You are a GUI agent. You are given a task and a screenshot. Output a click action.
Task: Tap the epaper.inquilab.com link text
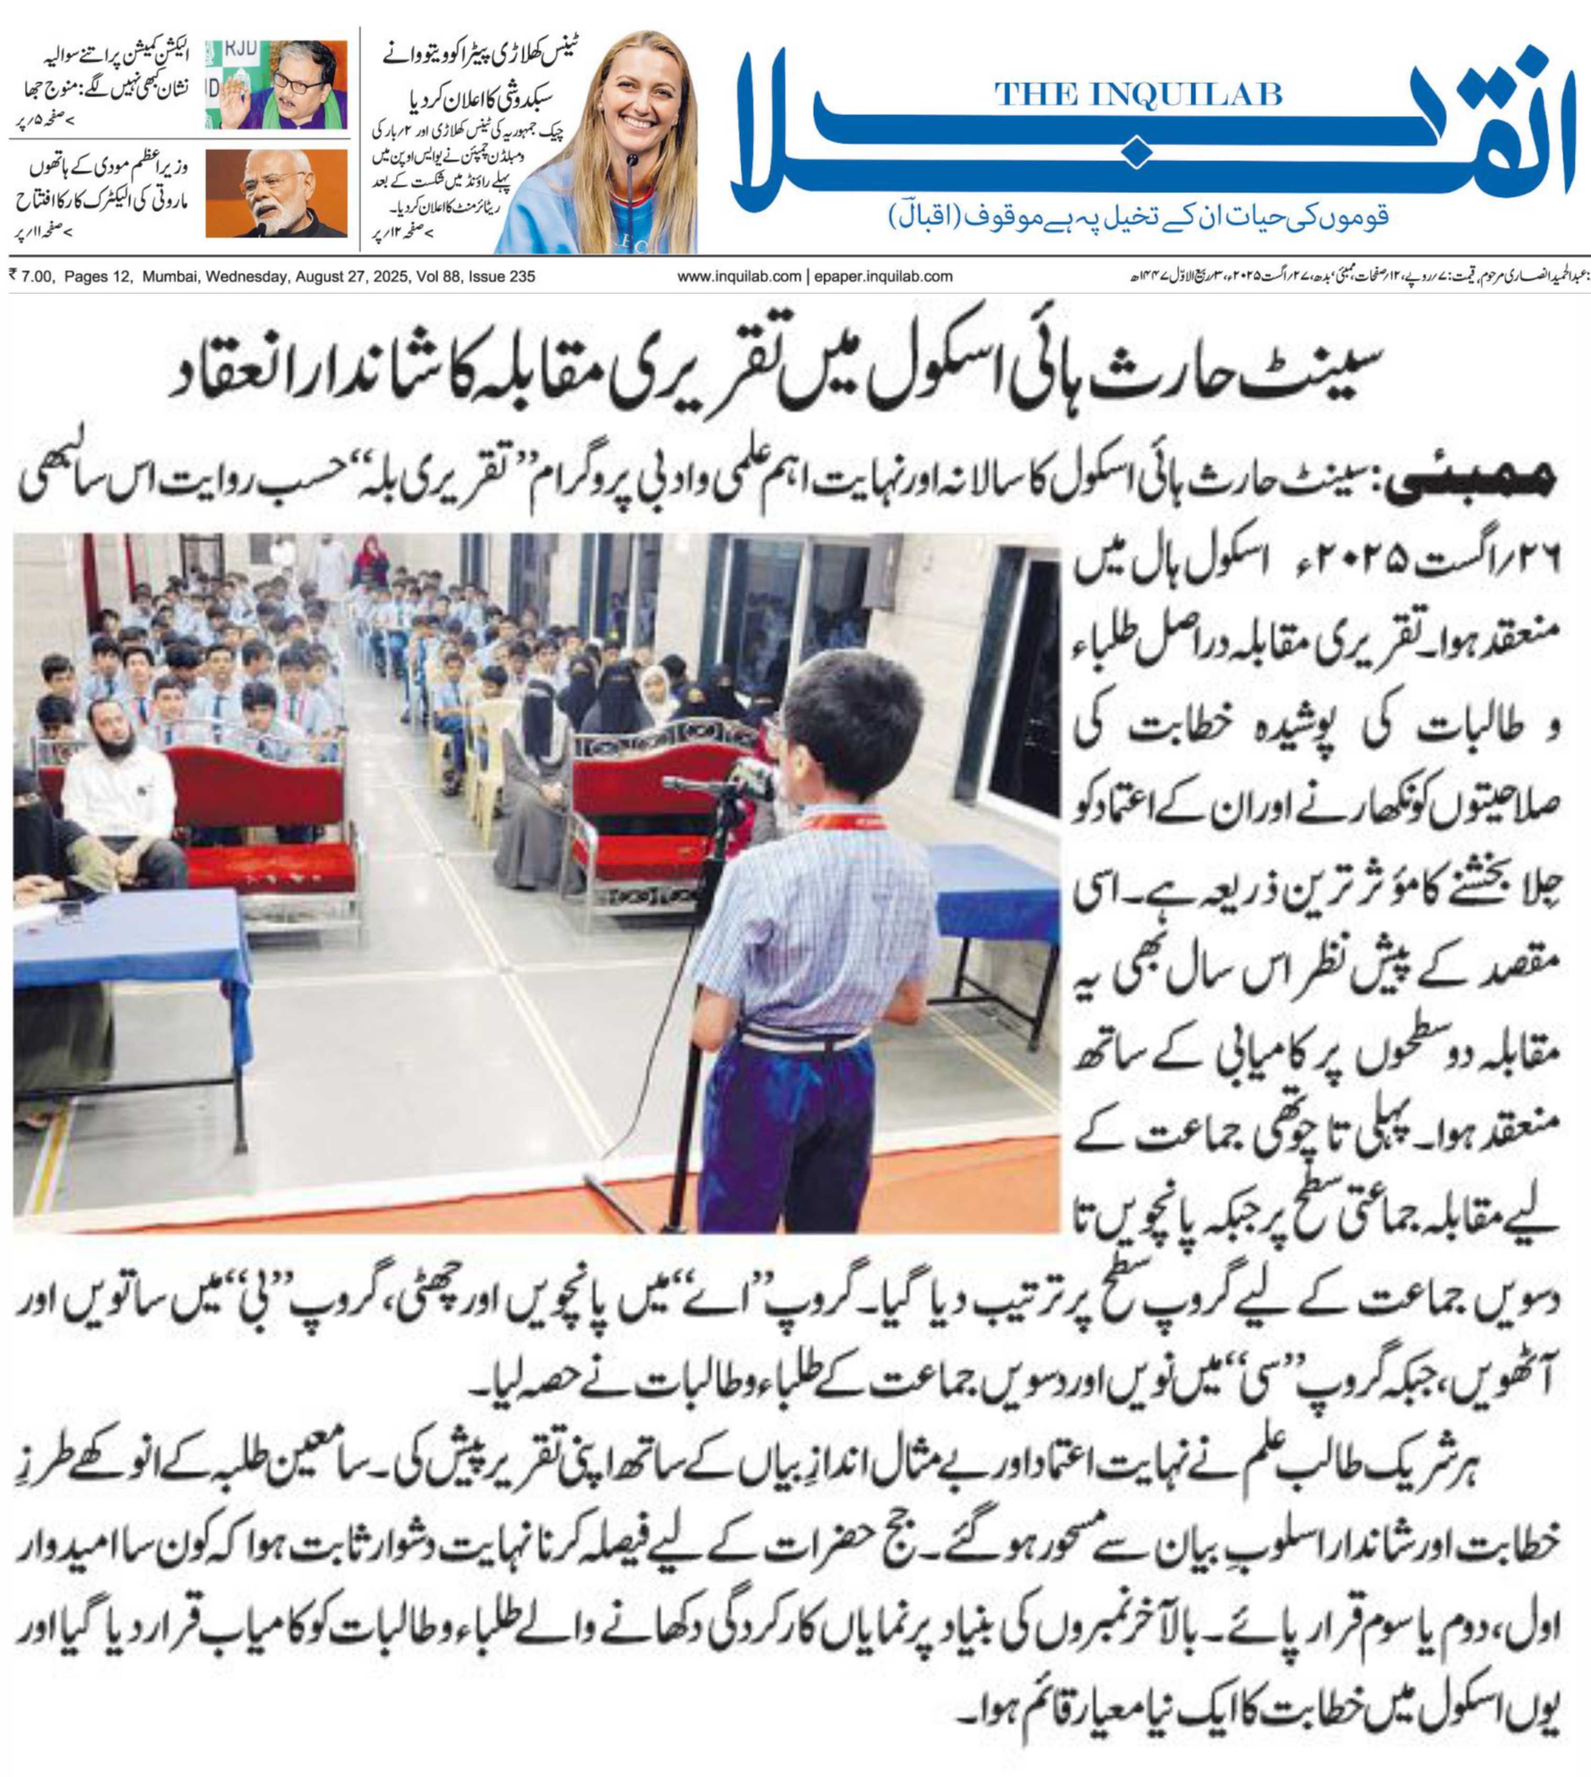coord(883,276)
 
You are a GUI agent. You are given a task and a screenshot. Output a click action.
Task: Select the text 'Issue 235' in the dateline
coord(502,276)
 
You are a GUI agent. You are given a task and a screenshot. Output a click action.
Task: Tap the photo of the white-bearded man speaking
coord(276,193)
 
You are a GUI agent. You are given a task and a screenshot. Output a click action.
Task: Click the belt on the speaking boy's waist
coord(800,1039)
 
